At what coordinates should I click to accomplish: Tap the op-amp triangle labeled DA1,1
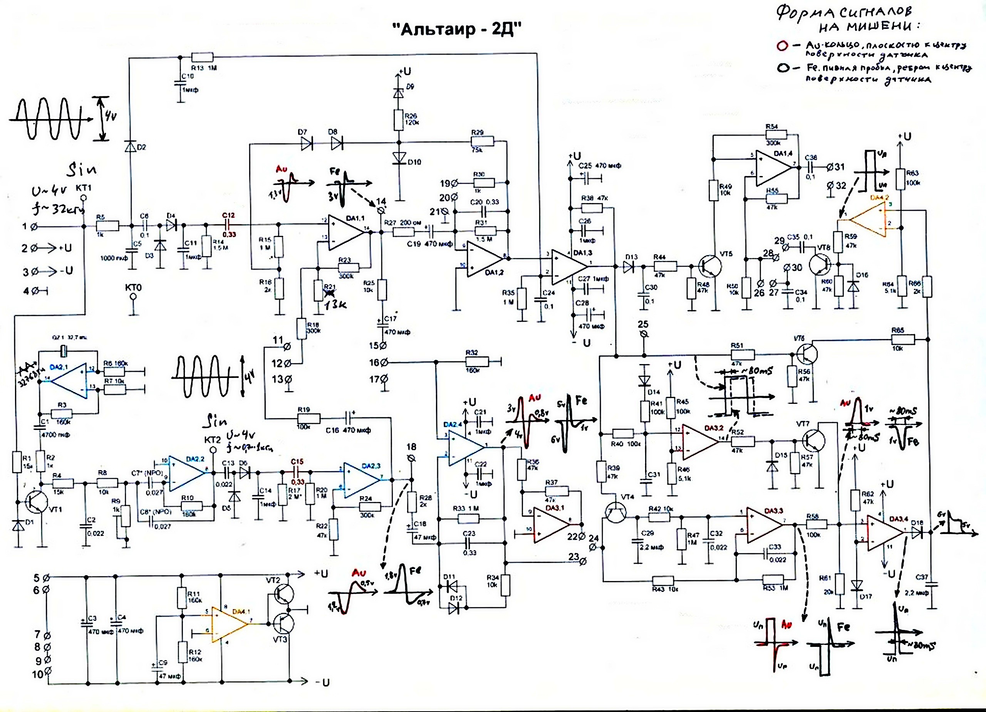pyautogui.click(x=346, y=232)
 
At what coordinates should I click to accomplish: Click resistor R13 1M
pyautogui.click(x=202, y=57)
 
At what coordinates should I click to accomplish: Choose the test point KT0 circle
pyautogui.click(x=134, y=297)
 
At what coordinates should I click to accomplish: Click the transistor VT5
pyautogui.click(x=709, y=266)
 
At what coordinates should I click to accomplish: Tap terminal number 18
pyautogui.click(x=412, y=458)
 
